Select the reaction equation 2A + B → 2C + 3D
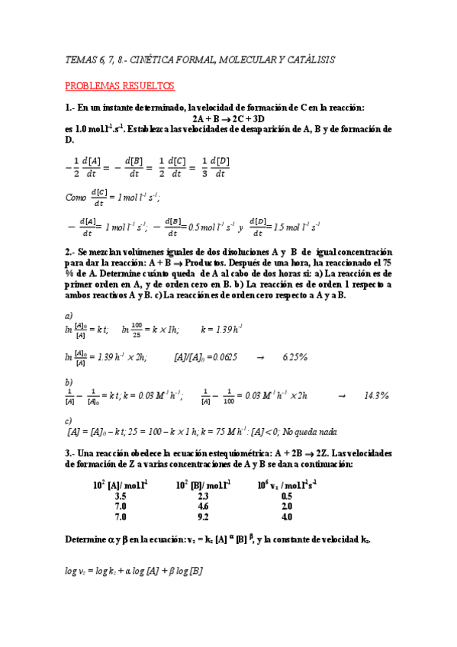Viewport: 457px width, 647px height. (x=228, y=119)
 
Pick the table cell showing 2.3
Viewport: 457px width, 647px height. (x=202, y=495)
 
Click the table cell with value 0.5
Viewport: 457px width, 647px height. (x=286, y=495)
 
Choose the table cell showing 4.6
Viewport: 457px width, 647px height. (x=202, y=506)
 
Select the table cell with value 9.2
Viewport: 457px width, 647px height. (x=202, y=517)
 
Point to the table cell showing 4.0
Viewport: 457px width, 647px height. (x=286, y=517)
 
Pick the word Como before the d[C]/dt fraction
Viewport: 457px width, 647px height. (x=76, y=197)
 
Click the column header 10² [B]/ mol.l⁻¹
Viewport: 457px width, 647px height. (x=204, y=484)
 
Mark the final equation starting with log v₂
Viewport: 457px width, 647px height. (x=134, y=570)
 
